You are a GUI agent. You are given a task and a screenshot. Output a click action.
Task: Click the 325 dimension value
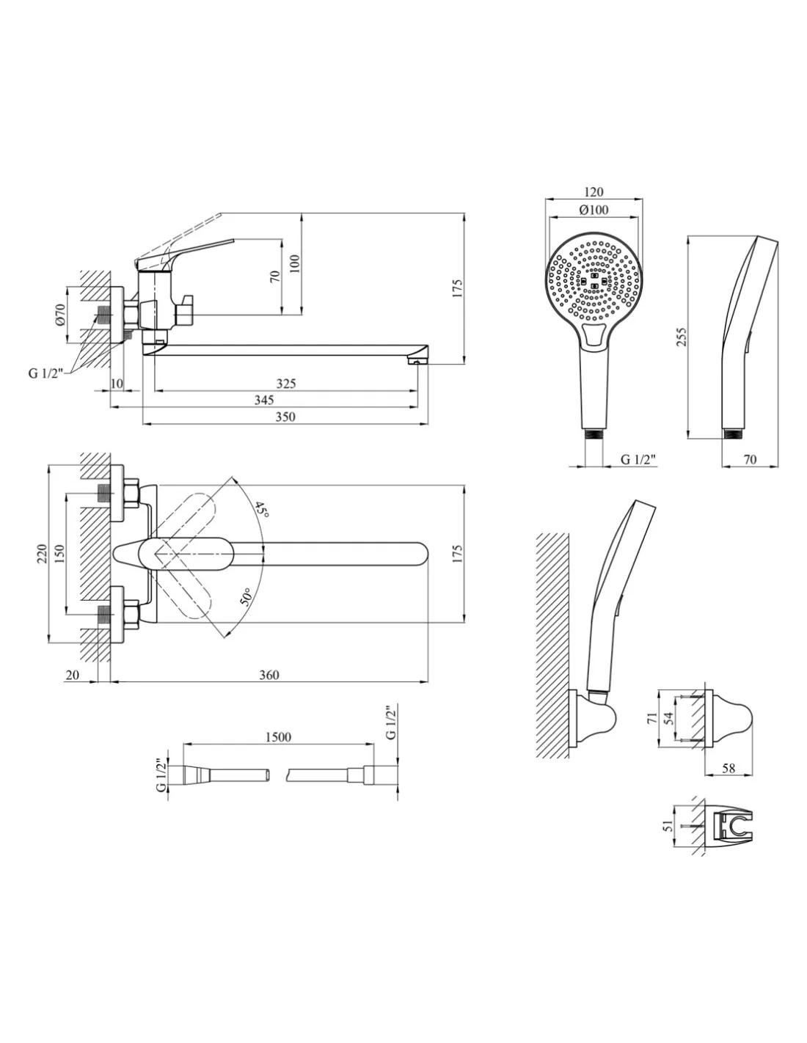click(x=286, y=384)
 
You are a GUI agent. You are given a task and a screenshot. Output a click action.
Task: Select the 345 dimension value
click(x=264, y=400)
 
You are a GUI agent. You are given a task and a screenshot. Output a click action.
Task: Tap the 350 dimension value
click(x=285, y=417)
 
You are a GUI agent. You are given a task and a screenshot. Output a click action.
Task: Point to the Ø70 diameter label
click(x=61, y=316)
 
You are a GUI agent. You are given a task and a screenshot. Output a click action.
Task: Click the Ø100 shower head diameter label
click(x=594, y=210)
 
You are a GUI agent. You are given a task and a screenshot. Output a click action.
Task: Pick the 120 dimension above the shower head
click(x=594, y=192)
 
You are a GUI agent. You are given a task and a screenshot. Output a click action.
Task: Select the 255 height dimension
click(x=682, y=337)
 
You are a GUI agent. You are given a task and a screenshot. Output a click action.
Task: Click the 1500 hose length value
click(x=277, y=736)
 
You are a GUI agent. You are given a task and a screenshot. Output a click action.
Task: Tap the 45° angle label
click(x=262, y=510)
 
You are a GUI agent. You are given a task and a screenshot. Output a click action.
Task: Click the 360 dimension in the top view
click(x=269, y=675)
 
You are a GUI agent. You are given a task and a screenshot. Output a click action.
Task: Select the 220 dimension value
click(x=42, y=554)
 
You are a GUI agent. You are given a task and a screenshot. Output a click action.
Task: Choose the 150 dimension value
click(x=60, y=554)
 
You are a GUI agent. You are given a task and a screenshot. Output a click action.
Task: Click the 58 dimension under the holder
click(x=728, y=768)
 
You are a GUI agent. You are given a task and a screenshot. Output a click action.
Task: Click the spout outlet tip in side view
click(x=418, y=359)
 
